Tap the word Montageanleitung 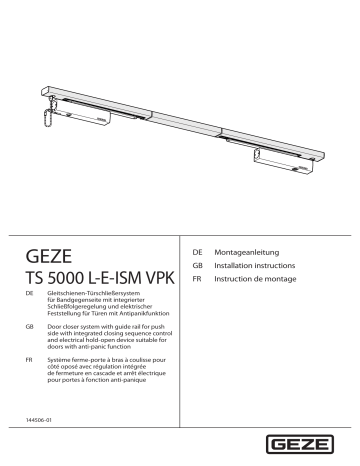point(247,252)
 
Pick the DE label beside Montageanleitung point(198,252)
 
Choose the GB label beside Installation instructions point(198,267)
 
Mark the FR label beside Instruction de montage point(198,281)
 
